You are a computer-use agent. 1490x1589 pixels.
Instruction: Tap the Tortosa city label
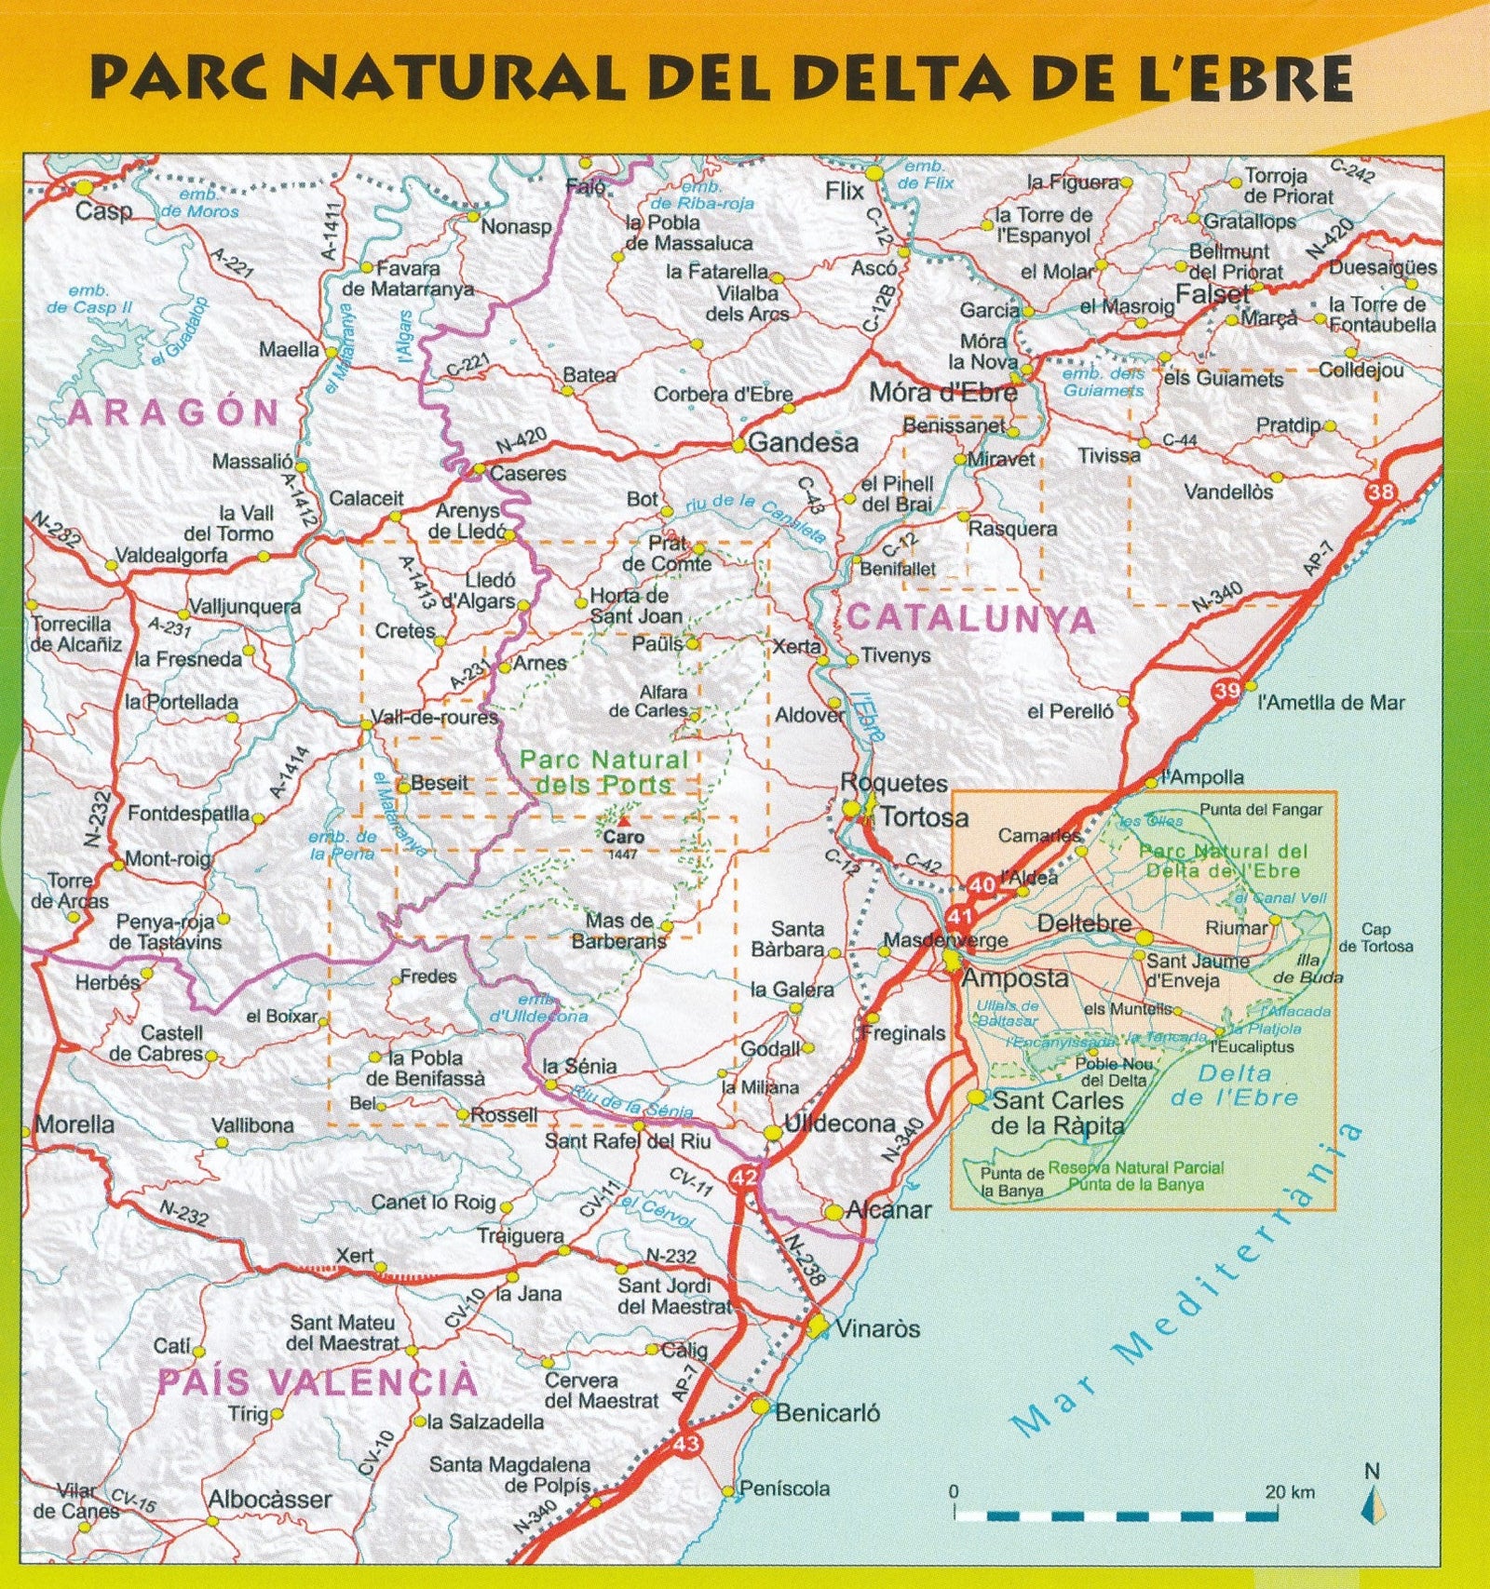click(924, 817)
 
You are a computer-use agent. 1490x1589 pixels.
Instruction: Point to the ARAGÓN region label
click(174, 412)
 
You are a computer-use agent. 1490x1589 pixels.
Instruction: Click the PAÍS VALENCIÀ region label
click(317, 1382)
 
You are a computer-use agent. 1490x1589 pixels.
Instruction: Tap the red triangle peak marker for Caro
click(623, 822)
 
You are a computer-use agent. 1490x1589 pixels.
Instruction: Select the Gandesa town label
click(803, 443)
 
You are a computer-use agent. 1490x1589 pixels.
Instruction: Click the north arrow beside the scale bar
click(1370, 1506)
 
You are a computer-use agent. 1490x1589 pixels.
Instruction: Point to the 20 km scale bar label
click(1290, 1492)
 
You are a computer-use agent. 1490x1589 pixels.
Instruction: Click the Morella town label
click(74, 1124)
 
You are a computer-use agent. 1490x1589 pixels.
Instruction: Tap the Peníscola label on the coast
click(784, 1488)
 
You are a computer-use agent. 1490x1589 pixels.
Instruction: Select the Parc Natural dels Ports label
click(603, 773)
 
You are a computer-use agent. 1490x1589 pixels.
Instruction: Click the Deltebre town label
click(1084, 923)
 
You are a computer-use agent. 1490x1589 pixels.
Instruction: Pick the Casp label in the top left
click(103, 211)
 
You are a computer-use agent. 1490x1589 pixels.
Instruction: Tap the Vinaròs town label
click(877, 1328)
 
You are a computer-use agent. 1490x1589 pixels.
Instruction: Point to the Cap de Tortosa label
click(1375, 937)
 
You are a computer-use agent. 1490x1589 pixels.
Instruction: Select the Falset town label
click(1212, 294)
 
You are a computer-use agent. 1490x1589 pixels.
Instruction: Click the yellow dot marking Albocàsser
click(212, 1523)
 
